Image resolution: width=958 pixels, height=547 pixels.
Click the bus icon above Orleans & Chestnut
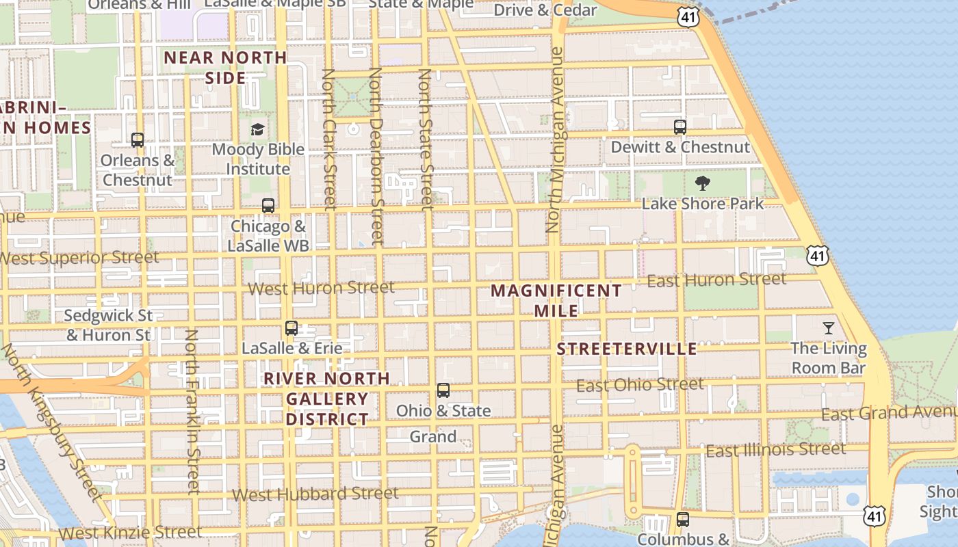click(x=138, y=140)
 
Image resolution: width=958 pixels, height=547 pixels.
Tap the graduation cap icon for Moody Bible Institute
click(x=257, y=129)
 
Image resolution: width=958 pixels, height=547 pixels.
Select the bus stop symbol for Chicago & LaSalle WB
click(x=268, y=205)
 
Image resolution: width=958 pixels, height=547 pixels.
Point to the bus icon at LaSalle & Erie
click(x=292, y=328)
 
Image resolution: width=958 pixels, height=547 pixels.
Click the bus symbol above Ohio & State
click(x=443, y=390)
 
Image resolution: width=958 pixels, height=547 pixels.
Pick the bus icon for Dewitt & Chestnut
click(x=680, y=127)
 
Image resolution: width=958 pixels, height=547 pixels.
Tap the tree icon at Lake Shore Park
click(x=702, y=183)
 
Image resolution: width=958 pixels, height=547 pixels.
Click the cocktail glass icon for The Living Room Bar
click(x=829, y=328)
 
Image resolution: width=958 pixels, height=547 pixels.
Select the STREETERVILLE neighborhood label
click(x=627, y=349)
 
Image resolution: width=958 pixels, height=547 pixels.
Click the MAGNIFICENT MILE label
click(x=556, y=300)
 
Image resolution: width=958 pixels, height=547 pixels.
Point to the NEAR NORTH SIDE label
click(x=225, y=67)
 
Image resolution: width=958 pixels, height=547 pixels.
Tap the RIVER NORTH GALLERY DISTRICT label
click(x=327, y=399)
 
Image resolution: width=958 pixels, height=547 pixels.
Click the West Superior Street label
click(x=80, y=258)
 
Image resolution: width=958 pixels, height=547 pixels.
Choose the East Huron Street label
click(x=716, y=280)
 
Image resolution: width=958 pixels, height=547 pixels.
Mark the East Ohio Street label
click(x=640, y=385)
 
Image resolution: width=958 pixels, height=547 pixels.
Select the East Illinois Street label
click(x=776, y=450)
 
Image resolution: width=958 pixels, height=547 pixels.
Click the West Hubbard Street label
click(x=315, y=493)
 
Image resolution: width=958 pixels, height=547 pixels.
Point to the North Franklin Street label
click(x=192, y=412)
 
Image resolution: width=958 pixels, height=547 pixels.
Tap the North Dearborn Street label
click(x=376, y=155)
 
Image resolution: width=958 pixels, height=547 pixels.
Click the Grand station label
click(x=433, y=436)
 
